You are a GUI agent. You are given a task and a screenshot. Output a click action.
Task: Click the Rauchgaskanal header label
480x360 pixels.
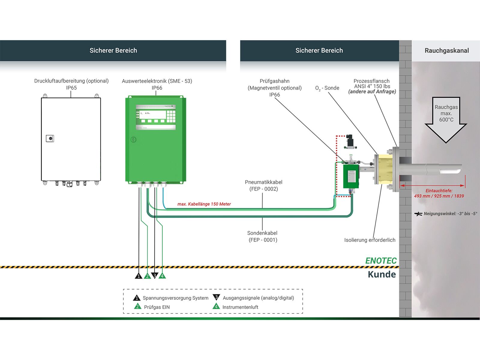(446, 51)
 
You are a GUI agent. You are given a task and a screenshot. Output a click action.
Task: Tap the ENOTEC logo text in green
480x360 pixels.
(381, 261)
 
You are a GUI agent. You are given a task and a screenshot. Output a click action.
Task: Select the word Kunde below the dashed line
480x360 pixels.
(382, 274)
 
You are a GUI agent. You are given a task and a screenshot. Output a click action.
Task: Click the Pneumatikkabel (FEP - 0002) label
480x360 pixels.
(263, 185)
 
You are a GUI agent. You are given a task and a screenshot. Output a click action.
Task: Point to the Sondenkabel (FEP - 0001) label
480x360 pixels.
(262, 236)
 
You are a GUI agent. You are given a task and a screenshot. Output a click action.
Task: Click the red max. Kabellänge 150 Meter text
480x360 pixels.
(204, 204)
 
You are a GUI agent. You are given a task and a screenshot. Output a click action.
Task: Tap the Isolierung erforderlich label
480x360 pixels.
(370, 240)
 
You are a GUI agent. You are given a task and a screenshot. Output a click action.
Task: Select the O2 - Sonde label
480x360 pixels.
(327, 88)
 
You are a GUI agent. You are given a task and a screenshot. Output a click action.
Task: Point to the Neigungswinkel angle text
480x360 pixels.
(450, 214)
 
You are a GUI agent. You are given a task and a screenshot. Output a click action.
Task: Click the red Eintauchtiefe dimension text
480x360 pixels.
(439, 193)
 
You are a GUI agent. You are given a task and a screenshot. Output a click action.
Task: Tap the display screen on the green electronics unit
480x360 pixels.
(152, 114)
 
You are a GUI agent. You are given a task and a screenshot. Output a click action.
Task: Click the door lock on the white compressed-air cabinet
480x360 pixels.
(50, 138)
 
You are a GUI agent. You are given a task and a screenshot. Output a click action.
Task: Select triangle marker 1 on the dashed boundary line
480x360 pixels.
(138, 276)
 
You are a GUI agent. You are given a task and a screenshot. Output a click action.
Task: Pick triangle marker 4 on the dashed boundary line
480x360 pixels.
(162, 276)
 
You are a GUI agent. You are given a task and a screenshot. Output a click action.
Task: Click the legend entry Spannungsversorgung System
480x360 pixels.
(175, 298)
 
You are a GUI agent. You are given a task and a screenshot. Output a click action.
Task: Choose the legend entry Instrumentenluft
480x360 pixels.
(240, 307)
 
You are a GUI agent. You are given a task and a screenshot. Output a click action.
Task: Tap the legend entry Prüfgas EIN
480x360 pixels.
(157, 307)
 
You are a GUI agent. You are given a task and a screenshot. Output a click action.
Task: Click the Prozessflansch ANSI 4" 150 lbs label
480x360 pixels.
(372, 86)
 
